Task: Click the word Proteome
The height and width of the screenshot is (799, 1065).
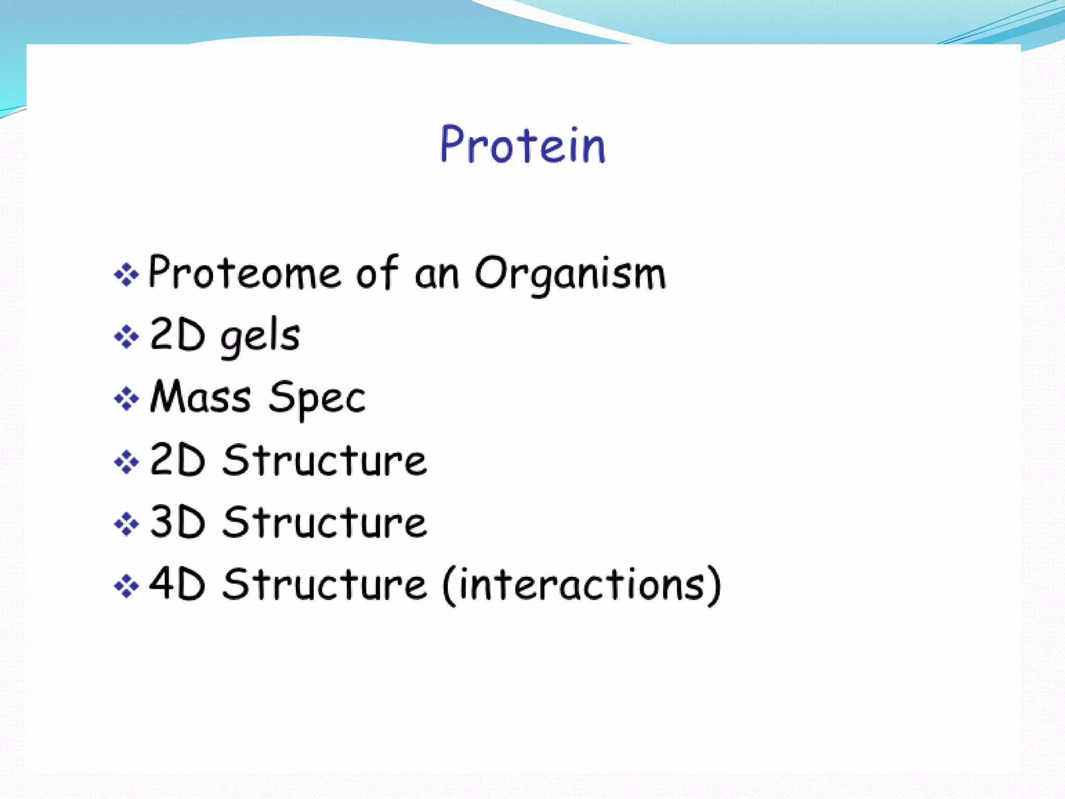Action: coord(245,273)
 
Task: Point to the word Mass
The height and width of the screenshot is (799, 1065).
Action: coord(201,397)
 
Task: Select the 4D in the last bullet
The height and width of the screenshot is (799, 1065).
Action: coord(177,584)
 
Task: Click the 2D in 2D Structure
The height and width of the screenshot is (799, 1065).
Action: coord(177,460)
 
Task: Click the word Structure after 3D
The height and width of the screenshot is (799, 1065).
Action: coord(325,522)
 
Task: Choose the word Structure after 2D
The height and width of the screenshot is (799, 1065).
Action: coord(325,460)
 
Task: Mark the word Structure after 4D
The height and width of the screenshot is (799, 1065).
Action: coord(325,585)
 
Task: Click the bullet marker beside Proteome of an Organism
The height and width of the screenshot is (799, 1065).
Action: coord(126,274)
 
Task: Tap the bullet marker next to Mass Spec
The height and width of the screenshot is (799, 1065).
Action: coord(126,399)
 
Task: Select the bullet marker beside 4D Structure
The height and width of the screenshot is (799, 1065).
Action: coord(126,586)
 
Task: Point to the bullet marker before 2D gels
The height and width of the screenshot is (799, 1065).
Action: coord(126,337)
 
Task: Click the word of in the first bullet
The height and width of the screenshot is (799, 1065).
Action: coord(377,273)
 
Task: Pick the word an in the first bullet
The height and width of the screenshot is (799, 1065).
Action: coord(437,275)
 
